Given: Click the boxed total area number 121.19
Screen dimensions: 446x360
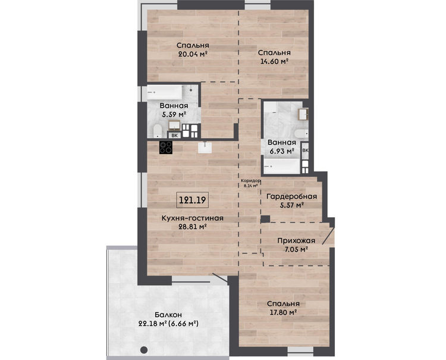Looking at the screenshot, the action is click(x=192, y=200).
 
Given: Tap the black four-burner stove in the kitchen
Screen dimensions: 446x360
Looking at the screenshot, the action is click(x=166, y=148).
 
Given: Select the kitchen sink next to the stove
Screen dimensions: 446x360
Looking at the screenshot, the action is click(x=205, y=148).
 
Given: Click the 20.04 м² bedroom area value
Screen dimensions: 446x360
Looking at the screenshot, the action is click(x=193, y=54).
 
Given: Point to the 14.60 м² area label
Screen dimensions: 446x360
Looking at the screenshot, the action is click(x=275, y=61).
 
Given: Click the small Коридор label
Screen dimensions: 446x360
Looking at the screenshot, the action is click(x=250, y=181).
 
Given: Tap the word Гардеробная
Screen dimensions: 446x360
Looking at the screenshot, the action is click(x=291, y=196).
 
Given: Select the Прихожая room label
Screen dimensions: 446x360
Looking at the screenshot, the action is click(x=296, y=241).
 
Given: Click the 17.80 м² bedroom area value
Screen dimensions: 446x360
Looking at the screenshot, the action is click(x=283, y=312).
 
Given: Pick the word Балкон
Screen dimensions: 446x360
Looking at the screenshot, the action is click(x=168, y=315).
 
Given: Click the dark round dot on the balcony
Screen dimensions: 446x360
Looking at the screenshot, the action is click(x=144, y=350).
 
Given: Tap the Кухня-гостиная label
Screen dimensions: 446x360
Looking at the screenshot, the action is click(x=193, y=218).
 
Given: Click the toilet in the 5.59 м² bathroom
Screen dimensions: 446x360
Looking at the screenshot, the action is click(x=158, y=131).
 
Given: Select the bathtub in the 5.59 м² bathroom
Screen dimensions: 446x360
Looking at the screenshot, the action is click(x=164, y=92).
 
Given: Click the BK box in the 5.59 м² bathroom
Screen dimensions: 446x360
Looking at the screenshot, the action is click(x=175, y=136).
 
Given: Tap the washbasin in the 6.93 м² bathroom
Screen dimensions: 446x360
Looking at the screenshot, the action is click(x=303, y=114).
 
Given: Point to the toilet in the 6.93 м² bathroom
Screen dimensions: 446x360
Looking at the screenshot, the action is click(x=301, y=133).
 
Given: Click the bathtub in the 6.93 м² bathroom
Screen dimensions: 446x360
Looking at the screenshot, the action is click(x=282, y=166).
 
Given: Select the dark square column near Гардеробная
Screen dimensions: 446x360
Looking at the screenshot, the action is click(x=265, y=219).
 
